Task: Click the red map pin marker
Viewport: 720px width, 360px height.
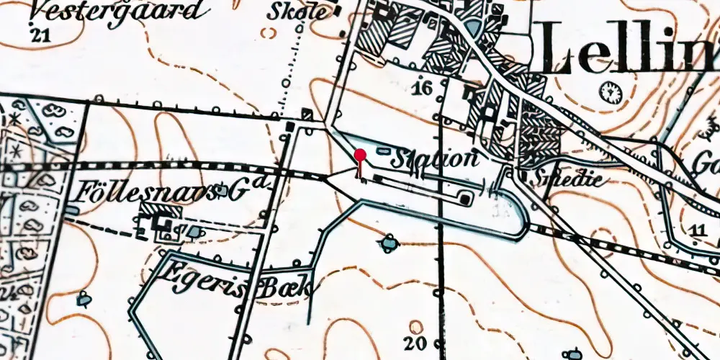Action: pyautogui.click(x=360, y=155)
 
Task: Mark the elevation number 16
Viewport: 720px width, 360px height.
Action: pyautogui.click(x=423, y=89)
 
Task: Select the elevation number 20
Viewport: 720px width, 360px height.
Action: pyautogui.click(x=415, y=343)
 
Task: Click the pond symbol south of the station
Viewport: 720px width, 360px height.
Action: pyautogui.click(x=389, y=245)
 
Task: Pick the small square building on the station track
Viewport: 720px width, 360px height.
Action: pyautogui.click(x=466, y=197)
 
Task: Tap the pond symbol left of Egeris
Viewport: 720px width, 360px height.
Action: pyautogui.click(x=85, y=297)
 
